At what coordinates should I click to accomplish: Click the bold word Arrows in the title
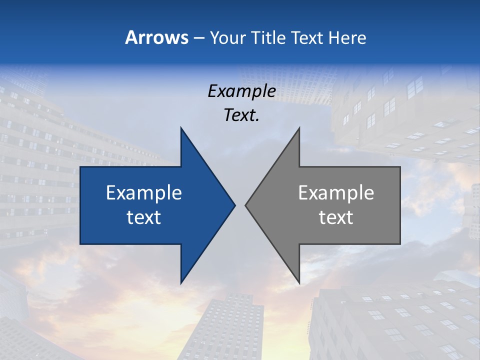[x=157, y=37]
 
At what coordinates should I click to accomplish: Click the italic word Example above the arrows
[x=241, y=91]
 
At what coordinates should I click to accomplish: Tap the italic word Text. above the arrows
[x=241, y=115]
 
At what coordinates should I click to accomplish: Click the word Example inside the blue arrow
[x=144, y=193]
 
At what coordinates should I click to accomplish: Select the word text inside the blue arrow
[x=144, y=217]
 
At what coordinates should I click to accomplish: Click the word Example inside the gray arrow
[x=336, y=193]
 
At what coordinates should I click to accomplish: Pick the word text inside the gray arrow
[x=336, y=217]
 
